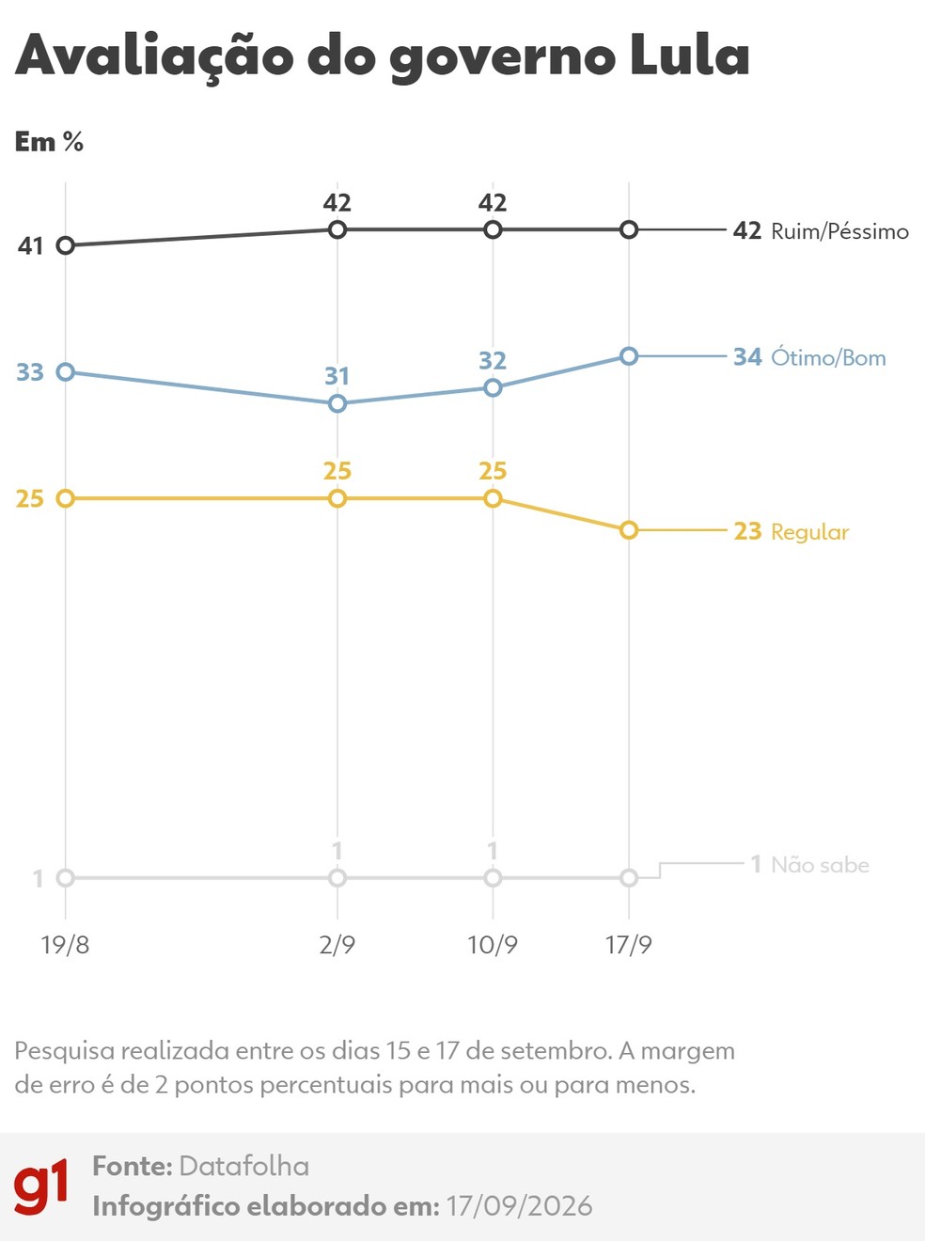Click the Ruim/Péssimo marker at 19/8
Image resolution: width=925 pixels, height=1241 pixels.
click(x=66, y=245)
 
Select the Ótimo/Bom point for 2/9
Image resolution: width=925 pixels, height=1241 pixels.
click(x=337, y=403)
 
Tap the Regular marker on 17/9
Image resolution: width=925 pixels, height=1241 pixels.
click(x=628, y=530)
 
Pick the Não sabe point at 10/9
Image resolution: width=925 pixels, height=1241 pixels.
click(x=493, y=878)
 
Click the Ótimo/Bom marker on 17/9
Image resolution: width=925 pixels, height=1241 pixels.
click(x=628, y=356)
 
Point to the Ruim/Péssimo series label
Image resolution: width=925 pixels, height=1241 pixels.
click(x=839, y=232)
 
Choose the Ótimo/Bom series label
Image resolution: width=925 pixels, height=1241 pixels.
click(x=828, y=358)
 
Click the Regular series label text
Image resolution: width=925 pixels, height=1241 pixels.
click(x=809, y=532)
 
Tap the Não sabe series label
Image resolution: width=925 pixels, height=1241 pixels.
click(x=820, y=865)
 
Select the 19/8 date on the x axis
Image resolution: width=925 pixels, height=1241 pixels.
click(x=65, y=945)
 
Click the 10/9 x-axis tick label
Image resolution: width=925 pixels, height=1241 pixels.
click(x=493, y=945)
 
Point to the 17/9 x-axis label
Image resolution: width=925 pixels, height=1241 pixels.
click(x=628, y=945)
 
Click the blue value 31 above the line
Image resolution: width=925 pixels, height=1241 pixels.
click(x=337, y=376)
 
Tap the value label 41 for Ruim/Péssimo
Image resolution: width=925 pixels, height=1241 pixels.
click(x=30, y=246)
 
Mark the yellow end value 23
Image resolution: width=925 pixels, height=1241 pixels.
click(x=747, y=531)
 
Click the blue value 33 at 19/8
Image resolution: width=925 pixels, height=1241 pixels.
click(x=30, y=372)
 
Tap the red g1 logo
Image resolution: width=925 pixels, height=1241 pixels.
click(x=40, y=1186)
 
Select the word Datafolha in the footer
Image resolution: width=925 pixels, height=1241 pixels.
click(x=244, y=1167)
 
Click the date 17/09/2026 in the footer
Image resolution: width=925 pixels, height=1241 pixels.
click(x=519, y=1206)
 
